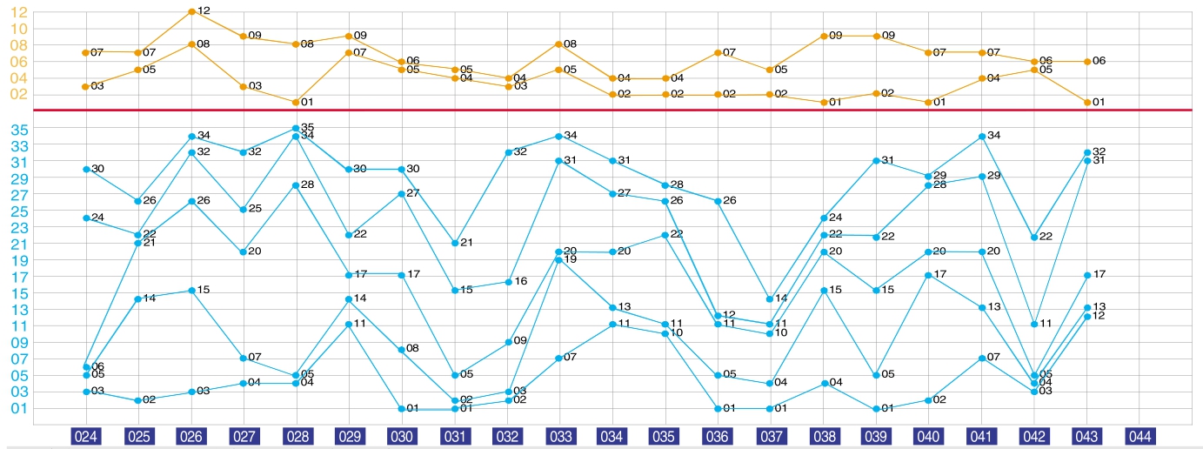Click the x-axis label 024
[x=86, y=435]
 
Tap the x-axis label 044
[x=1140, y=435]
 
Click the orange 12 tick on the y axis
[x=18, y=11]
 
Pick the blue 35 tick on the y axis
[x=18, y=129]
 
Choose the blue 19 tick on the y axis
[x=18, y=260]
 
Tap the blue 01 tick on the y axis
[x=18, y=408]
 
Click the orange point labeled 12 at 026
[x=190, y=11]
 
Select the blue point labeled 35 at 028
[x=296, y=128]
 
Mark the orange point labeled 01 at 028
[x=296, y=102]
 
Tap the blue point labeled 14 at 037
[x=769, y=298]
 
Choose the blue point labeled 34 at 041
[x=981, y=137]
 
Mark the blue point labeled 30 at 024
[x=86, y=169]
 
